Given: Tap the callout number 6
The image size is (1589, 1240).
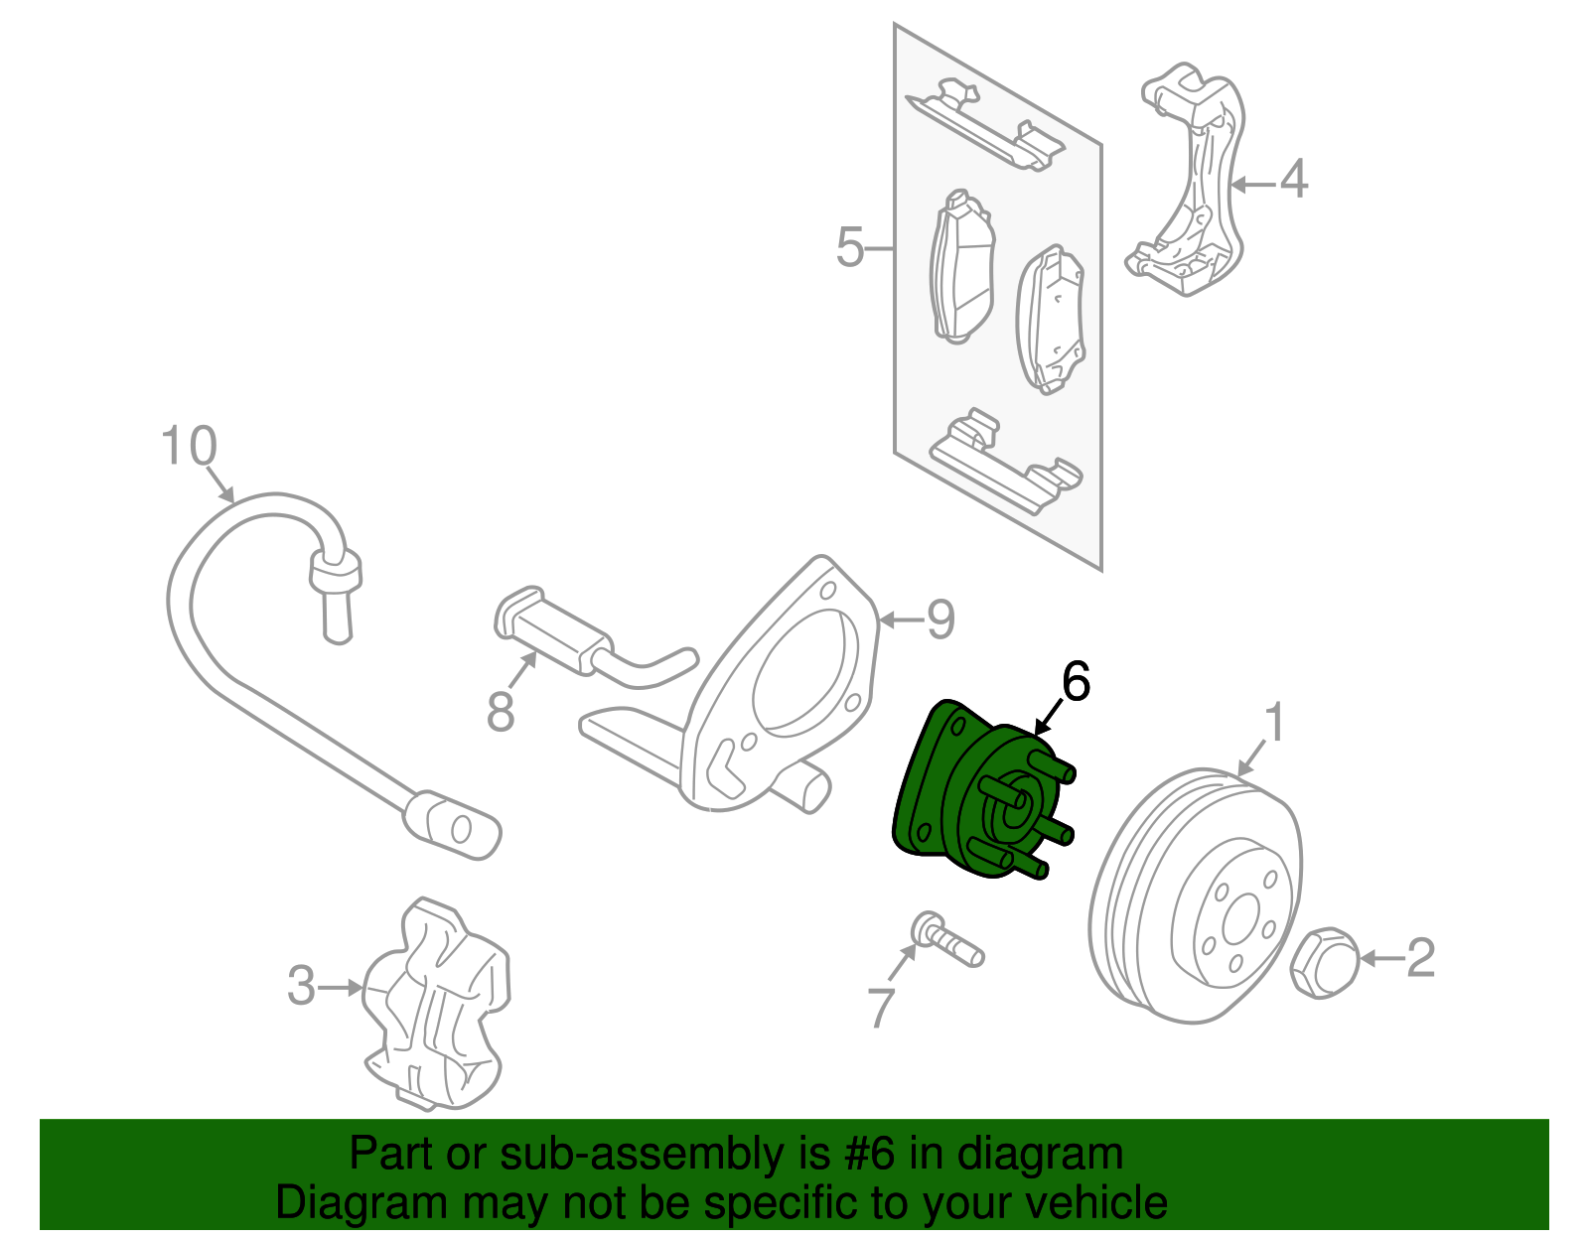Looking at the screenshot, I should [x=1076, y=682].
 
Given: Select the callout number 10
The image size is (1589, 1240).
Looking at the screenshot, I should [x=189, y=447].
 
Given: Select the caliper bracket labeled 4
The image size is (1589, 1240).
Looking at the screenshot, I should [x=1187, y=184].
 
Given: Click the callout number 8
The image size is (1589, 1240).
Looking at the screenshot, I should [x=501, y=711].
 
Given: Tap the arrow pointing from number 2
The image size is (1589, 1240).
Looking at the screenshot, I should [x=1381, y=958].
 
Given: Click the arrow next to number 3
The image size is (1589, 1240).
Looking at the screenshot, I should [x=343, y=987].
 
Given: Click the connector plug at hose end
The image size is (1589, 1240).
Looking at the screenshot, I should [x=452, y=823].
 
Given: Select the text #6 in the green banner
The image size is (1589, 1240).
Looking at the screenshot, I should [x=870, y=1155].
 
